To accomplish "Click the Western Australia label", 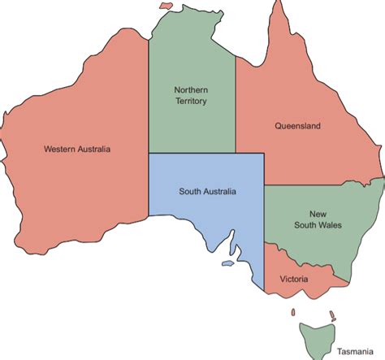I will point(77,150).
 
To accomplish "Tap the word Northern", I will point(192,89).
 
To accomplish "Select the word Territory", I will point(192,102).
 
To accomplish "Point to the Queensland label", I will point(297,126).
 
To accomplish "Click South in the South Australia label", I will point(192,192).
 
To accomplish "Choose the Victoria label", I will point(293,279).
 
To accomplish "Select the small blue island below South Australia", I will point(229,262).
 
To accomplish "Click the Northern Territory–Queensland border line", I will point(236,106).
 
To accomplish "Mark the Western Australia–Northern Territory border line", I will point(148,98).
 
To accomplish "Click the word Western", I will point(60,150).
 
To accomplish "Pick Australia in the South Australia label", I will point(219,192).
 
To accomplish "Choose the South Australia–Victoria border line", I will point(265,260).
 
